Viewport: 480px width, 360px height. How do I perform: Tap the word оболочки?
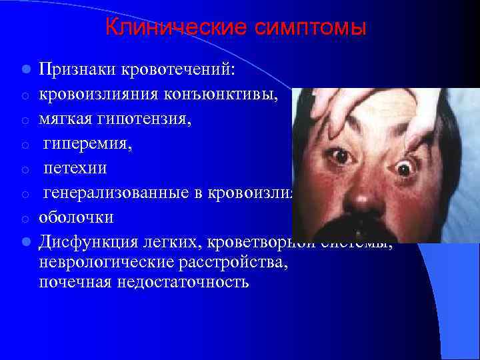pyautogui.click(x=76, y=218)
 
